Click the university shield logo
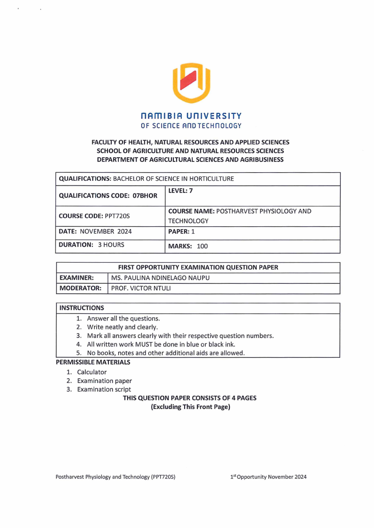pos(191,83)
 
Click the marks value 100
pos(203,246)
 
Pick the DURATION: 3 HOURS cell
pos(91,245)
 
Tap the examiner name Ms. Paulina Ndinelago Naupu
pos(160,278)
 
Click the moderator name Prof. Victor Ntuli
pos(141,288)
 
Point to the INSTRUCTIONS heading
pos(81,308)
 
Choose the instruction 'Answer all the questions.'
pos(123,319)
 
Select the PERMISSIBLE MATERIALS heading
pos(93,362)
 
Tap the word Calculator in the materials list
pos(92,372)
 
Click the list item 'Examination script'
pos(104,390)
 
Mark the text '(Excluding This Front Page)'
pos(190,407)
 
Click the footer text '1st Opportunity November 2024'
pos(268,477)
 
